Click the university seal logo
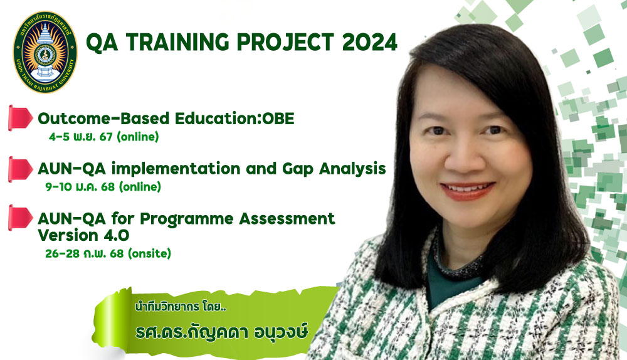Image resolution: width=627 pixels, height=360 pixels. [x=45, y=52]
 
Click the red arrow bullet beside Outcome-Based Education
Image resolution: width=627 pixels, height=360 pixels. [x=20, y=118]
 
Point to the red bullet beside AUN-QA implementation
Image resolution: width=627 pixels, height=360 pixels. [x=20, y=169]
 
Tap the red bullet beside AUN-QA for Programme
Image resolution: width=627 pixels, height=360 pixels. [x=20, y=218]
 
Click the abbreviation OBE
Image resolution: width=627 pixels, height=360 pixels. [x=278, y=119]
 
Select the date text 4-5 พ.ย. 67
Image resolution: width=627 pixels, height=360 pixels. [x=81, y=137]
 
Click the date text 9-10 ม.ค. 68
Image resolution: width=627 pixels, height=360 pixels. [x=80, y=186]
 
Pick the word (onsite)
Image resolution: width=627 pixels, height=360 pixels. [x=150, y=253]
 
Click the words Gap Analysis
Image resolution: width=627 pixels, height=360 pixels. [x=334, y=169]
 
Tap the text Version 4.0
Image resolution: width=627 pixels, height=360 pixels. [x=83, y=235]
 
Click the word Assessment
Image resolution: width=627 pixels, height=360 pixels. [x=287, y=219]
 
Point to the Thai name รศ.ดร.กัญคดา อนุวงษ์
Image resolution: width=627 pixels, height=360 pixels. [x=221, y=332]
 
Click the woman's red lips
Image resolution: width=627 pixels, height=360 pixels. [x=467, y=191]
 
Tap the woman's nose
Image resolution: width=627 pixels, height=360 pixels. [x=465, y=155]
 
